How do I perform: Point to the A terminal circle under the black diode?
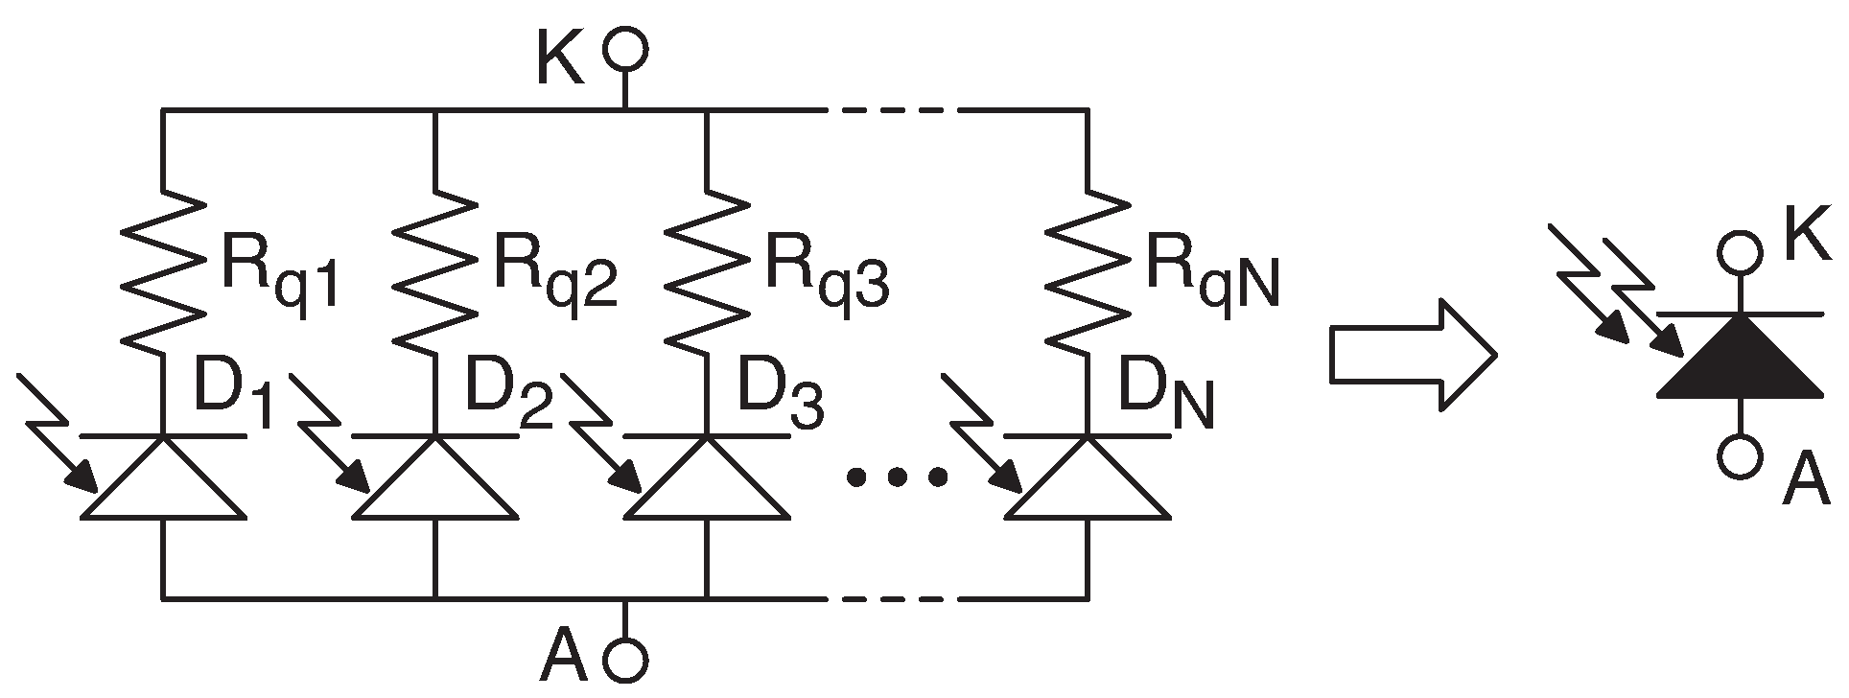[x=1740, y=456]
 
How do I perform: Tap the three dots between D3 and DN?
[x=899, y=476]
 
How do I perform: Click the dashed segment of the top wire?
[x=898, y=111]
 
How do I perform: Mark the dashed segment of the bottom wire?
[x=898, y=598]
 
